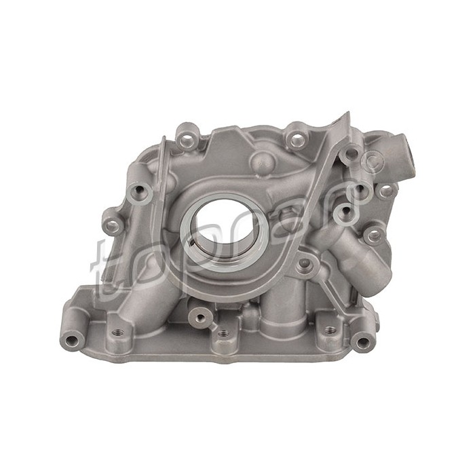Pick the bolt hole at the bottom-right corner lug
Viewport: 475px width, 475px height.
pos(364,341)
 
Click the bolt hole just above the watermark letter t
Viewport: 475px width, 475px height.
pos(113,221)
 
